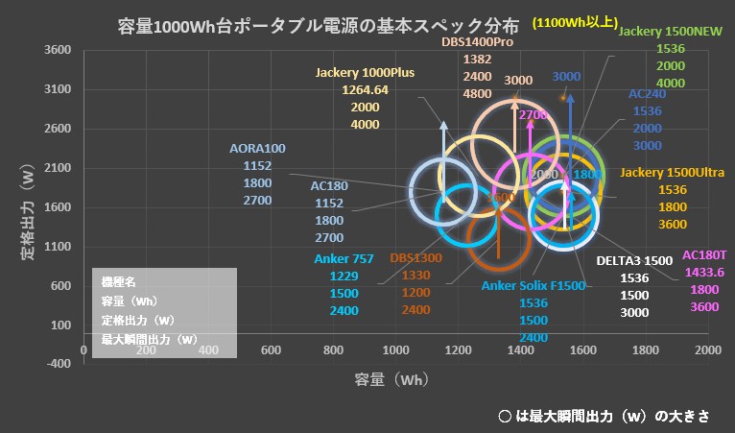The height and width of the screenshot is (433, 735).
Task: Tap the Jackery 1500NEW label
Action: (671, 31)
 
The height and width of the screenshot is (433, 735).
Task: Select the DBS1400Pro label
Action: (477, 42)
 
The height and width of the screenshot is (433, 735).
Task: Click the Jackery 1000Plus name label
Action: (365, 73)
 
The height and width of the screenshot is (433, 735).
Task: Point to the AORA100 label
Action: (258, 149)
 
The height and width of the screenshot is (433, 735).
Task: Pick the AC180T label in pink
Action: (704, 255)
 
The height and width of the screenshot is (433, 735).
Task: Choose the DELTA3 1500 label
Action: (634, 260)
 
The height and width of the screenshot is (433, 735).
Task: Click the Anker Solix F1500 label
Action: (533, 285)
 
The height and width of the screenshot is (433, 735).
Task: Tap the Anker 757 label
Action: (344, 257)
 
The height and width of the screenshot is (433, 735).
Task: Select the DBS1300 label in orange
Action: (415, 257)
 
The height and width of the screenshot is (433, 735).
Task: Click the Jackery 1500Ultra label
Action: (672, 173)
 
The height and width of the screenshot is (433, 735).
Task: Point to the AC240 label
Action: (648, 94)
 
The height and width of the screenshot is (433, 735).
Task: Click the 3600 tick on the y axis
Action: (59, 50)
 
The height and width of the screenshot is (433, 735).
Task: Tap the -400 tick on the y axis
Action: (59, 364)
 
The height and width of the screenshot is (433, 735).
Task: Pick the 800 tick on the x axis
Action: (334, 349)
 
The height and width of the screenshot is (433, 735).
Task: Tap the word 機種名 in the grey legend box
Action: (120, 283)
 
